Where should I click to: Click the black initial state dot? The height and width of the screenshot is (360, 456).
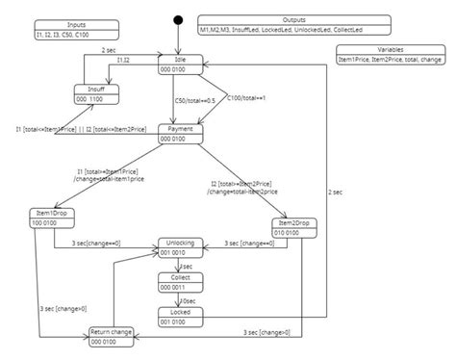(177, 19)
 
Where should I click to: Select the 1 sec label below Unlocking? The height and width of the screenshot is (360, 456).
(187, 265)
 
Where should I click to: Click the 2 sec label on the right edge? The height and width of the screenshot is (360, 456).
(336, 193)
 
